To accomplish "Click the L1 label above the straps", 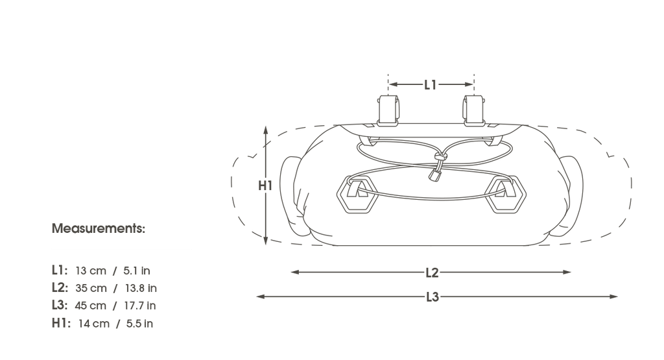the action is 431,85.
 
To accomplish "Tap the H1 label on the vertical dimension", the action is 265,186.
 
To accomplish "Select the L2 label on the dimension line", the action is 432,272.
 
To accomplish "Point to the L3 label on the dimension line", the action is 433,297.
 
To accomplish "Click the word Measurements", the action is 99,228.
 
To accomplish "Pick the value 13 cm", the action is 91,270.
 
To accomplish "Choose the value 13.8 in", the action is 141,288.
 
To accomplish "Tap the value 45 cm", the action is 90,306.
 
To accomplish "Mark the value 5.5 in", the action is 140,324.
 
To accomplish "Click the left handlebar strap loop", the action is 388,110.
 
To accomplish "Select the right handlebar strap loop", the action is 473,110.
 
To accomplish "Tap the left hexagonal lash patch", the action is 357,195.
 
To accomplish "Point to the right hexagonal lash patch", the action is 506,195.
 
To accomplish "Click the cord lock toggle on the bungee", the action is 434,174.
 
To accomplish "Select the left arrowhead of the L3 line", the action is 261,296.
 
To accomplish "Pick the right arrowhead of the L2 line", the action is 567,272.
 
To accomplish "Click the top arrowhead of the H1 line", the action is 265,130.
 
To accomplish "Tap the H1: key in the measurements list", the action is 61,323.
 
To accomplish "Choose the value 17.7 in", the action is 140,306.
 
